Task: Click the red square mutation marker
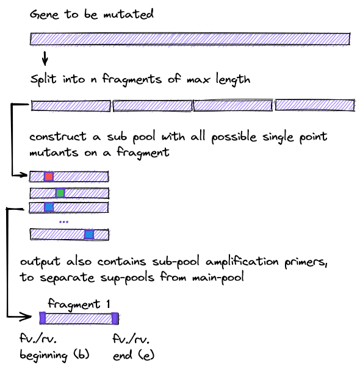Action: [x=49, y=176]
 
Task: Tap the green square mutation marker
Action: [x=60, y=193]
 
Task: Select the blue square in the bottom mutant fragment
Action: [x=89, y=234]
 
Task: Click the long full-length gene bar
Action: [x=190, y=39]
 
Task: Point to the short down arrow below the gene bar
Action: [x=45, y=58]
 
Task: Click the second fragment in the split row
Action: [x=153, y=106]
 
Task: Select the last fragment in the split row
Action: [x=315, y=105]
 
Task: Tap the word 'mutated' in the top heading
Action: [x=129, y=15]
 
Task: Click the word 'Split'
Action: [x=43, y=79]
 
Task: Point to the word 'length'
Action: [x=233, y=80]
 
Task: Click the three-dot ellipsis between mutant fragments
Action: [x=64, y=221]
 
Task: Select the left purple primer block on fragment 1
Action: [x=42, y=318]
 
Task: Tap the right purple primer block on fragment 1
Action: [x=115, y=318]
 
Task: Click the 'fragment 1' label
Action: [x=79, y=304]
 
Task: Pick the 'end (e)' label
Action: [x=134, y=356]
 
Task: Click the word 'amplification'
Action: [x=242, y=262]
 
